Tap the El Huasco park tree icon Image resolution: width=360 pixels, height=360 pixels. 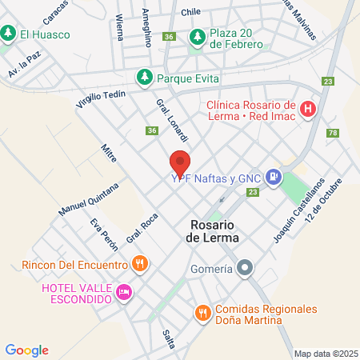point(9,34)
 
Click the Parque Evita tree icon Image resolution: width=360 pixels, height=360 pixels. point(145,78)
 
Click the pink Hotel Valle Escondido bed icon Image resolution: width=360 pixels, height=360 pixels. point(123,293)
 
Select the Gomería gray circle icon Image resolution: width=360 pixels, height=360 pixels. point(245,269)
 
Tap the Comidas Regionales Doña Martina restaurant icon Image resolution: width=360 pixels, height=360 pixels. point(203,313)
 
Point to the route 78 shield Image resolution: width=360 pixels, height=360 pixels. point(333,133)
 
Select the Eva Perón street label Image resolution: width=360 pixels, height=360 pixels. point(98,233)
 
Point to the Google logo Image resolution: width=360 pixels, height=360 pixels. point(27,350)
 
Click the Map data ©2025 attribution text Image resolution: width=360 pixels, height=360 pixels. point(323,354)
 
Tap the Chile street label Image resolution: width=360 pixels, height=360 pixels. point(190,12)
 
